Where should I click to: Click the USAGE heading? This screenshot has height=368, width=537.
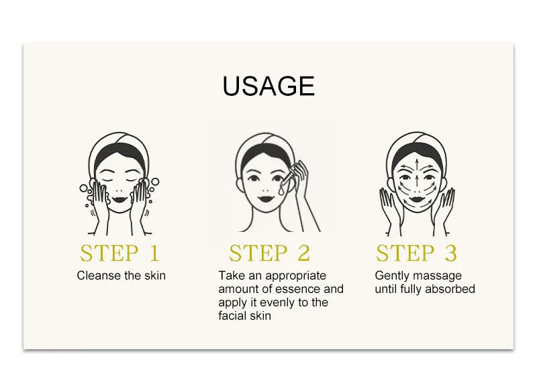click(268, 86)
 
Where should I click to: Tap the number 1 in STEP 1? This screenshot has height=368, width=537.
click(154, 253)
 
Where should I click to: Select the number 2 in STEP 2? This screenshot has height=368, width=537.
click(304, 253)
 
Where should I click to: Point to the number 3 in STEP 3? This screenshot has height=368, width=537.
click(450, 253)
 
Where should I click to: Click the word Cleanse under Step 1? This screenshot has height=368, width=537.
click(99, 275)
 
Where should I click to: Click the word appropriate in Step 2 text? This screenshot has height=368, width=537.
click(295, 276)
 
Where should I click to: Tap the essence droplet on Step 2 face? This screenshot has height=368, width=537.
click(281, 189)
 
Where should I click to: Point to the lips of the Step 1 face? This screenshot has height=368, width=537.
click(119, 199)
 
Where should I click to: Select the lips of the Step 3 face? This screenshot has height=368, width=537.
click(416, 199)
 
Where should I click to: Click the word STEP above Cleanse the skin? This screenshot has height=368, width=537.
click(109, 253)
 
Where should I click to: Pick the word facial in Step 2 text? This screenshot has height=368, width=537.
click(231, 316)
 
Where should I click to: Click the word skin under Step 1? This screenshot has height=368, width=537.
click(155, 275)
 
